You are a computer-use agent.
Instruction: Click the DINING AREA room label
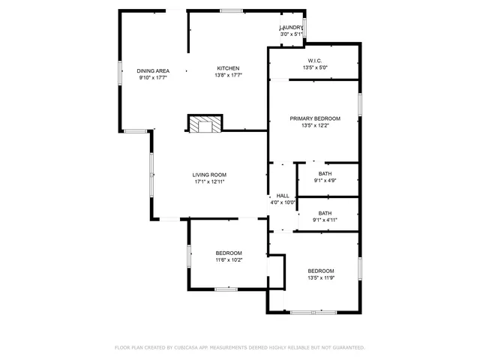point(152,70)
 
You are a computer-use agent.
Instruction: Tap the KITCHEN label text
point(229,68)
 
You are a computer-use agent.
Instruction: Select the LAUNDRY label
point(291,28)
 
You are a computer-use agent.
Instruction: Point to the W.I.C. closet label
point(315,61)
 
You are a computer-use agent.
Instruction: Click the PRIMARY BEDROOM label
point(315,118)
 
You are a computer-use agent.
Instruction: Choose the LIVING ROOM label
point(209,175)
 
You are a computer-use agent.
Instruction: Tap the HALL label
point(283,196)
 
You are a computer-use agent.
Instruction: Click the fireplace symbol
point(205,124)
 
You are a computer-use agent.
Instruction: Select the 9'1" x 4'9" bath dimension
point(325,180)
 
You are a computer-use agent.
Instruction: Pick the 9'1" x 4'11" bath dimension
point(325,220)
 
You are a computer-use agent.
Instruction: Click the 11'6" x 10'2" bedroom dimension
point(229,260)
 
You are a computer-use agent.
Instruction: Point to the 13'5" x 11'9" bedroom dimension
point(320,277)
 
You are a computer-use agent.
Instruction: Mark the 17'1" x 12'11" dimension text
point(209,181)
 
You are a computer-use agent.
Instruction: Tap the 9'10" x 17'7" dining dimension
point(152,77)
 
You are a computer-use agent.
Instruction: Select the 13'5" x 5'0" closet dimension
point(315,68)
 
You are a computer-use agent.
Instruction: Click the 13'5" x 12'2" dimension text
point(315,126)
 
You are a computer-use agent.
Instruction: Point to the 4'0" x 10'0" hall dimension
point(283,202)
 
